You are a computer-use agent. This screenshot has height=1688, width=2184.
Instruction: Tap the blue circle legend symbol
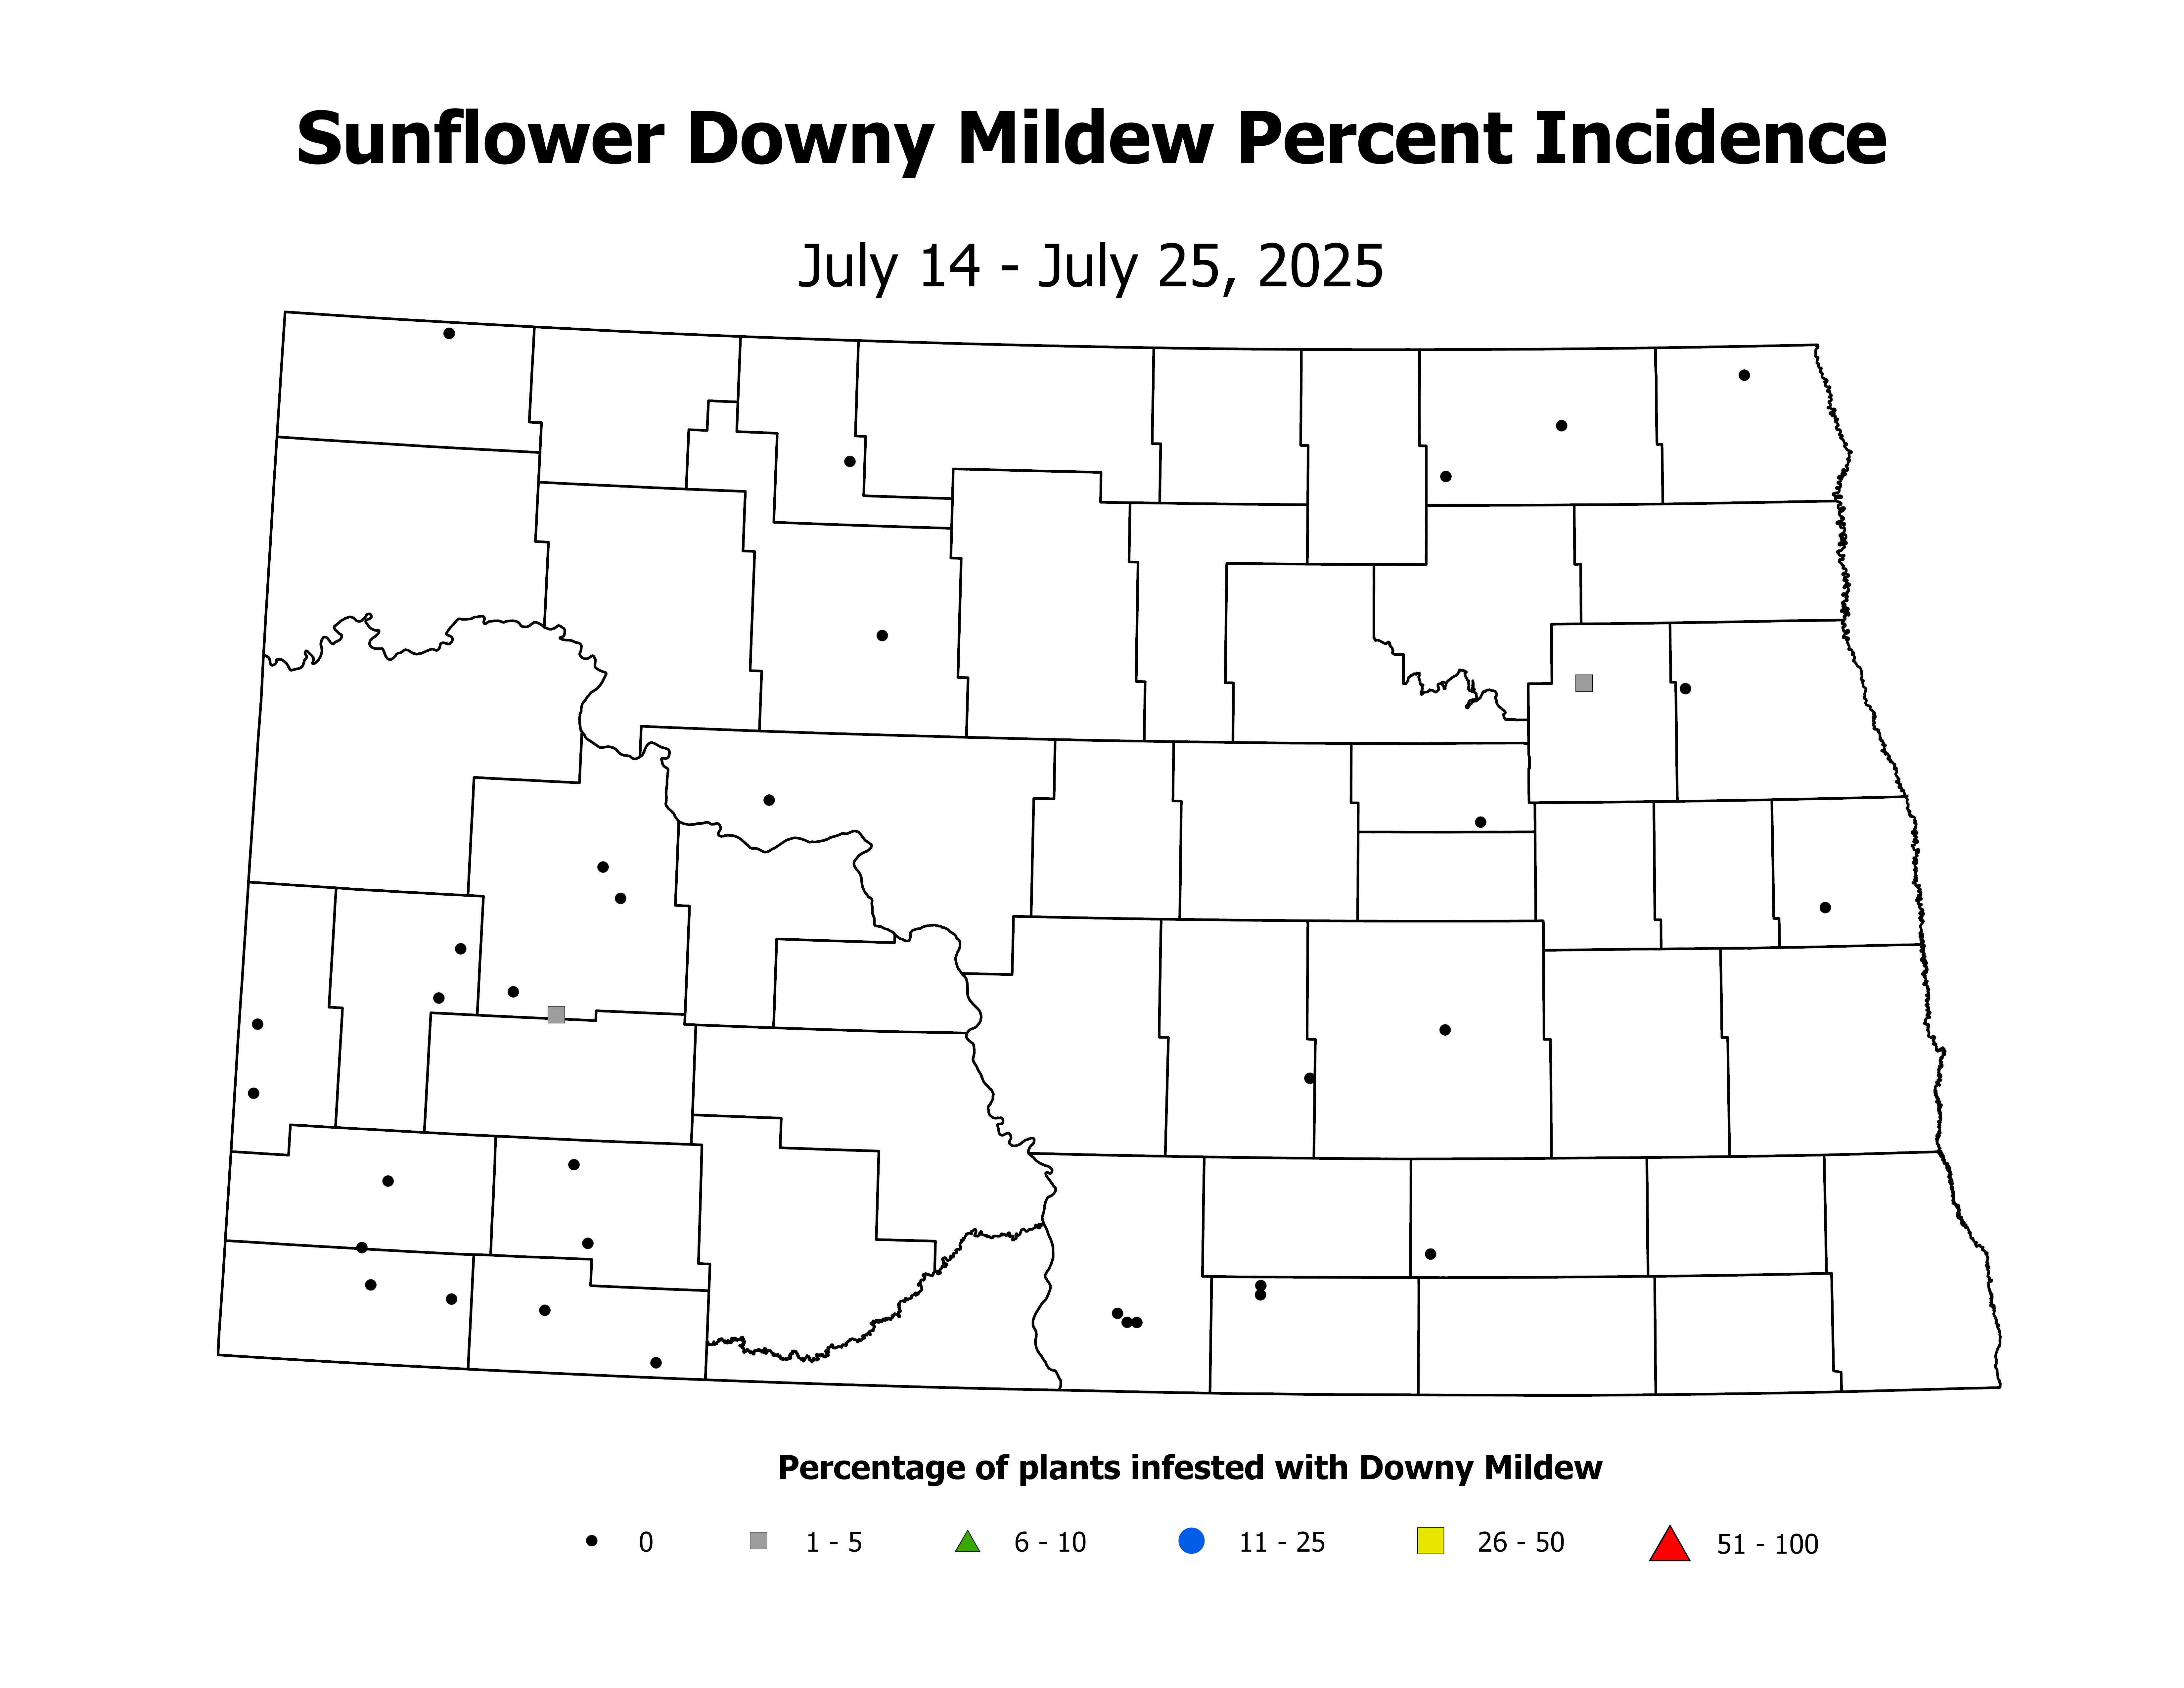coord(1191,1541)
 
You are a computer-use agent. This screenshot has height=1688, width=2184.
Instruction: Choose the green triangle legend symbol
coord(967,1542)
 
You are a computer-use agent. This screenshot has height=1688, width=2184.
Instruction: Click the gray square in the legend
coord(758,1541)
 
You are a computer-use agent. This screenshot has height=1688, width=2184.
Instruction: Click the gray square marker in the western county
coord(556,1015)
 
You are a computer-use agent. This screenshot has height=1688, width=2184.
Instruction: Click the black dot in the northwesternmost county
coord(449,333)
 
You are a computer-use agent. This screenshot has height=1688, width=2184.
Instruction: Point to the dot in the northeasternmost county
coord(1744,375)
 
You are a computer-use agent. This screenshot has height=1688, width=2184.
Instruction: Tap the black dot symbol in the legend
coord(592,1541)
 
